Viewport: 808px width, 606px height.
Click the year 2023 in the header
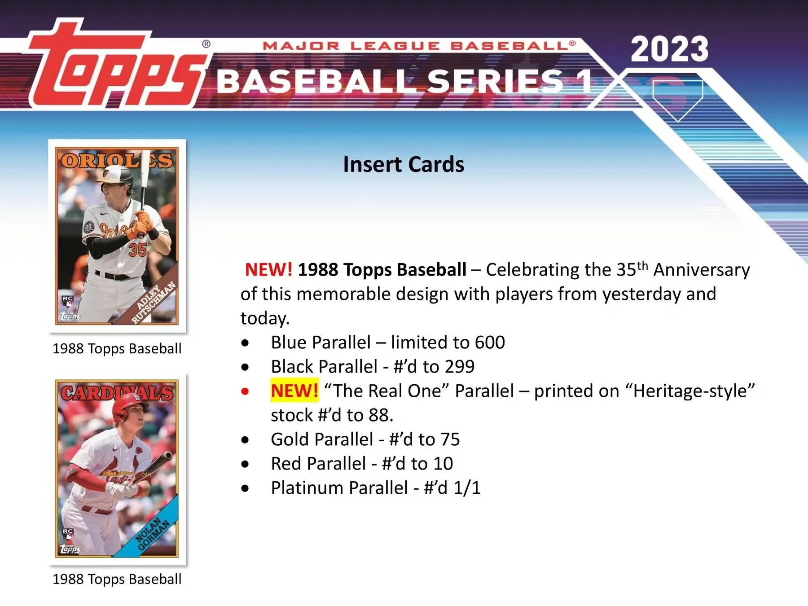[669, 49]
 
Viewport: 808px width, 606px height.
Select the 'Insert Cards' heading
[404, 164]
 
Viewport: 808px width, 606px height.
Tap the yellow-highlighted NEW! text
[294, 391]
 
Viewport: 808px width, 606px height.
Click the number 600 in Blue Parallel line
[490, 343]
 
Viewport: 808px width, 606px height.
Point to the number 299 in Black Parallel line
[459, 367]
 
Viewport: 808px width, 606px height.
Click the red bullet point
[245, 391]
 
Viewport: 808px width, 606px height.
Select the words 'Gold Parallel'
[322, 439]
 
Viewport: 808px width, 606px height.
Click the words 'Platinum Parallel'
[339, 488]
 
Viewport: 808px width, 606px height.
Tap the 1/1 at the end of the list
[467, 488]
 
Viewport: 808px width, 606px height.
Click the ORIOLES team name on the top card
[116, 161]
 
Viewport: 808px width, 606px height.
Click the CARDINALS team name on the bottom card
[116, 393]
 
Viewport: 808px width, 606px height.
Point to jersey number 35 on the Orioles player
[137, 250]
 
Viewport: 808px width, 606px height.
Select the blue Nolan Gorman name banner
[153, 534]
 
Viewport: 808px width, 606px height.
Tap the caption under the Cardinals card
[117, 579]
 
